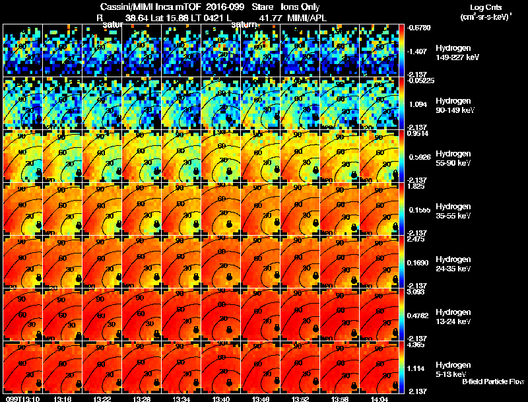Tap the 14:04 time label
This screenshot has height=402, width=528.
tap(379, 399)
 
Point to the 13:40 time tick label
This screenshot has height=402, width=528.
tap(221, 399)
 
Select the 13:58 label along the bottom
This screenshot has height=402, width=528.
tap(340, 399)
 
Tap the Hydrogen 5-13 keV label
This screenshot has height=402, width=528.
tap(454, 370)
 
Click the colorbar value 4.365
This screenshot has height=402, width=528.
tap(416, 344)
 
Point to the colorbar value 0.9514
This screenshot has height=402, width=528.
tap(416, 133)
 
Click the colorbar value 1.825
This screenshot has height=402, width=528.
tap(416, 185)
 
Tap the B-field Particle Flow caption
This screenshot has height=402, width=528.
tap(492, 382)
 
